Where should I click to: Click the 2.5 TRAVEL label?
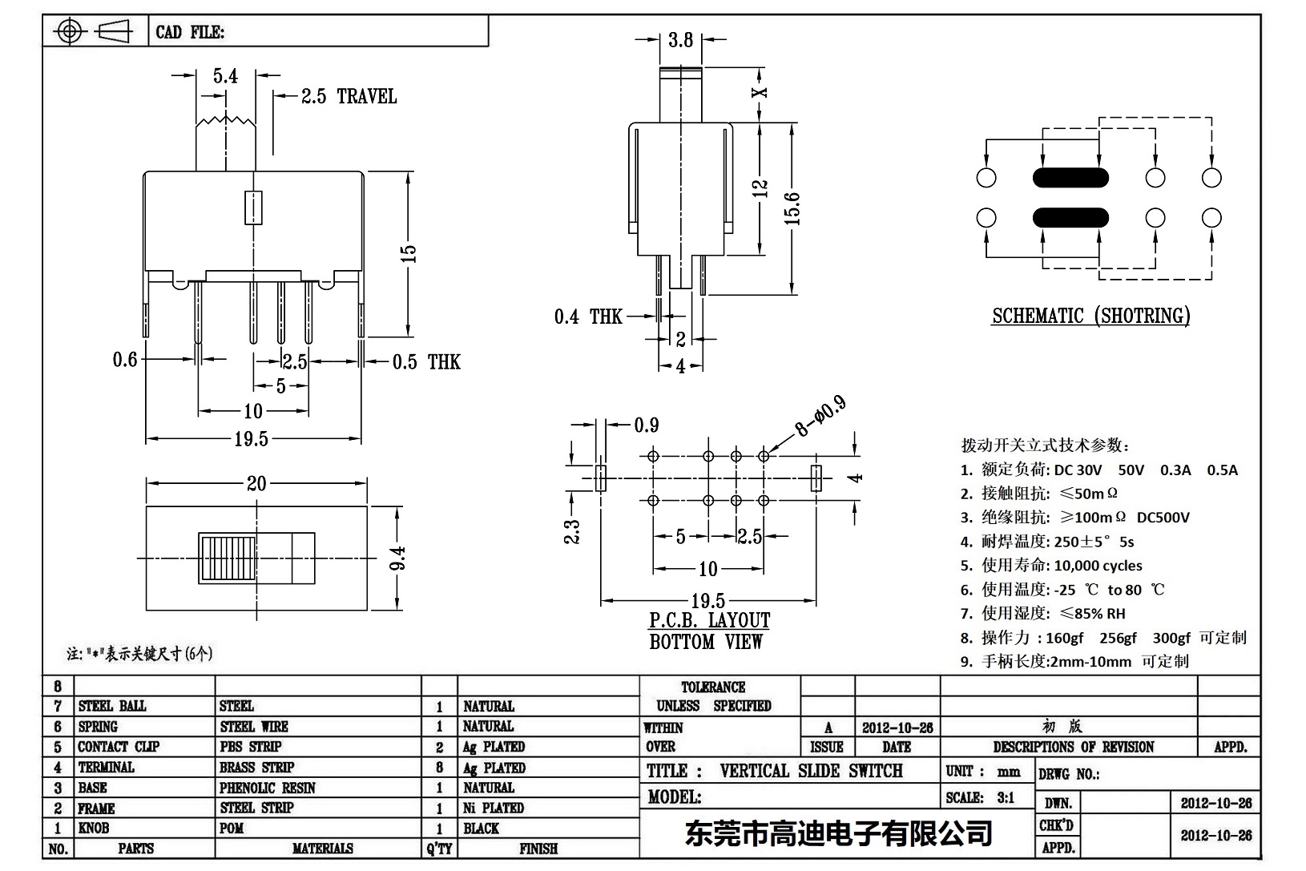[x=349, y=97]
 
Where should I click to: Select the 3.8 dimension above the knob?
[x=680, y=39]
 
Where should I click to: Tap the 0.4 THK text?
[x=587, y=317]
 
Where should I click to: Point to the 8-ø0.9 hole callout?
[x=820, y=417]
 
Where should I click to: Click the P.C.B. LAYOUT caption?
[x=709, y=621]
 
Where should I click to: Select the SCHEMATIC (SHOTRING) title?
[x=1090, y=316]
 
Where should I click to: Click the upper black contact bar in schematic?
[x=1070, y=177]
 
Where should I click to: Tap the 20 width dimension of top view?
[x=256, y=483]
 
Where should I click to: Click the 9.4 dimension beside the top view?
[x=398, y=558]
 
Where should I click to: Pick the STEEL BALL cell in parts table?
[x=112, y=706]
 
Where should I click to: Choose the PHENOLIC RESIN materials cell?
[x=268, y=788]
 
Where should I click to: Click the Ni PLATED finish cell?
[x=493, y=808]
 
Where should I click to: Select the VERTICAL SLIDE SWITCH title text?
[x=811, y=771]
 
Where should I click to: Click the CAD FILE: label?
[x=190, y=32]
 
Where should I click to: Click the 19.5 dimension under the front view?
[x=252, y=438]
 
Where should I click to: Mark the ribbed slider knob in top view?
[x=228, y=558]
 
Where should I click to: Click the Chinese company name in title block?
[x=838, y=834]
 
